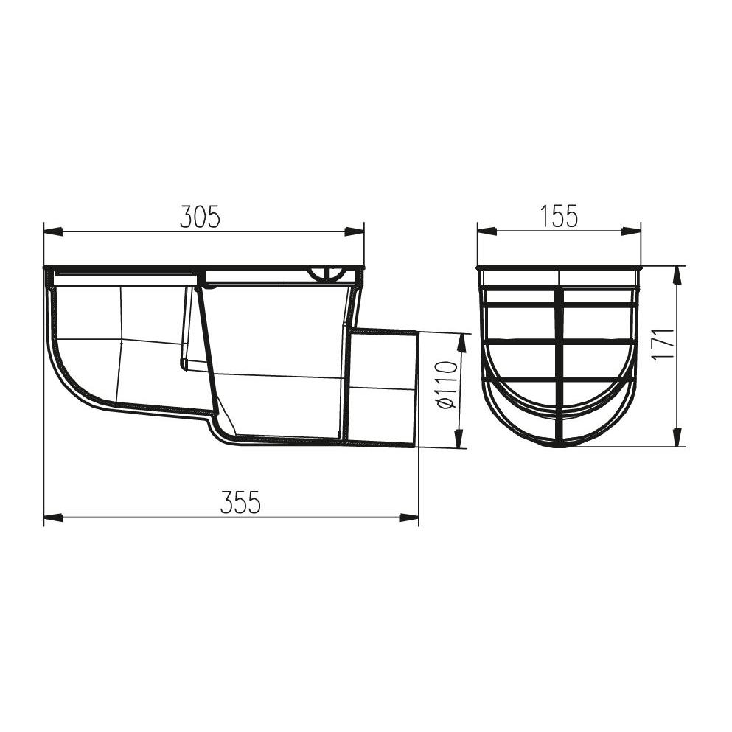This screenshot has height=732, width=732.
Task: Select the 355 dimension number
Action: tap(240, 503)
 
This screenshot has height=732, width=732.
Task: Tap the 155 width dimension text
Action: tap(560, 217)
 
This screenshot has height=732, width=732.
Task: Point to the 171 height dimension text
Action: tap(664, 344)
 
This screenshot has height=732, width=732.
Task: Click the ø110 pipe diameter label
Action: tap(447, 384)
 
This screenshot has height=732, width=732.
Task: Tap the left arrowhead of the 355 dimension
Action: tap(53, 517)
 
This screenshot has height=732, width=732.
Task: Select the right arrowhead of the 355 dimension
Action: tap(408, 517)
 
